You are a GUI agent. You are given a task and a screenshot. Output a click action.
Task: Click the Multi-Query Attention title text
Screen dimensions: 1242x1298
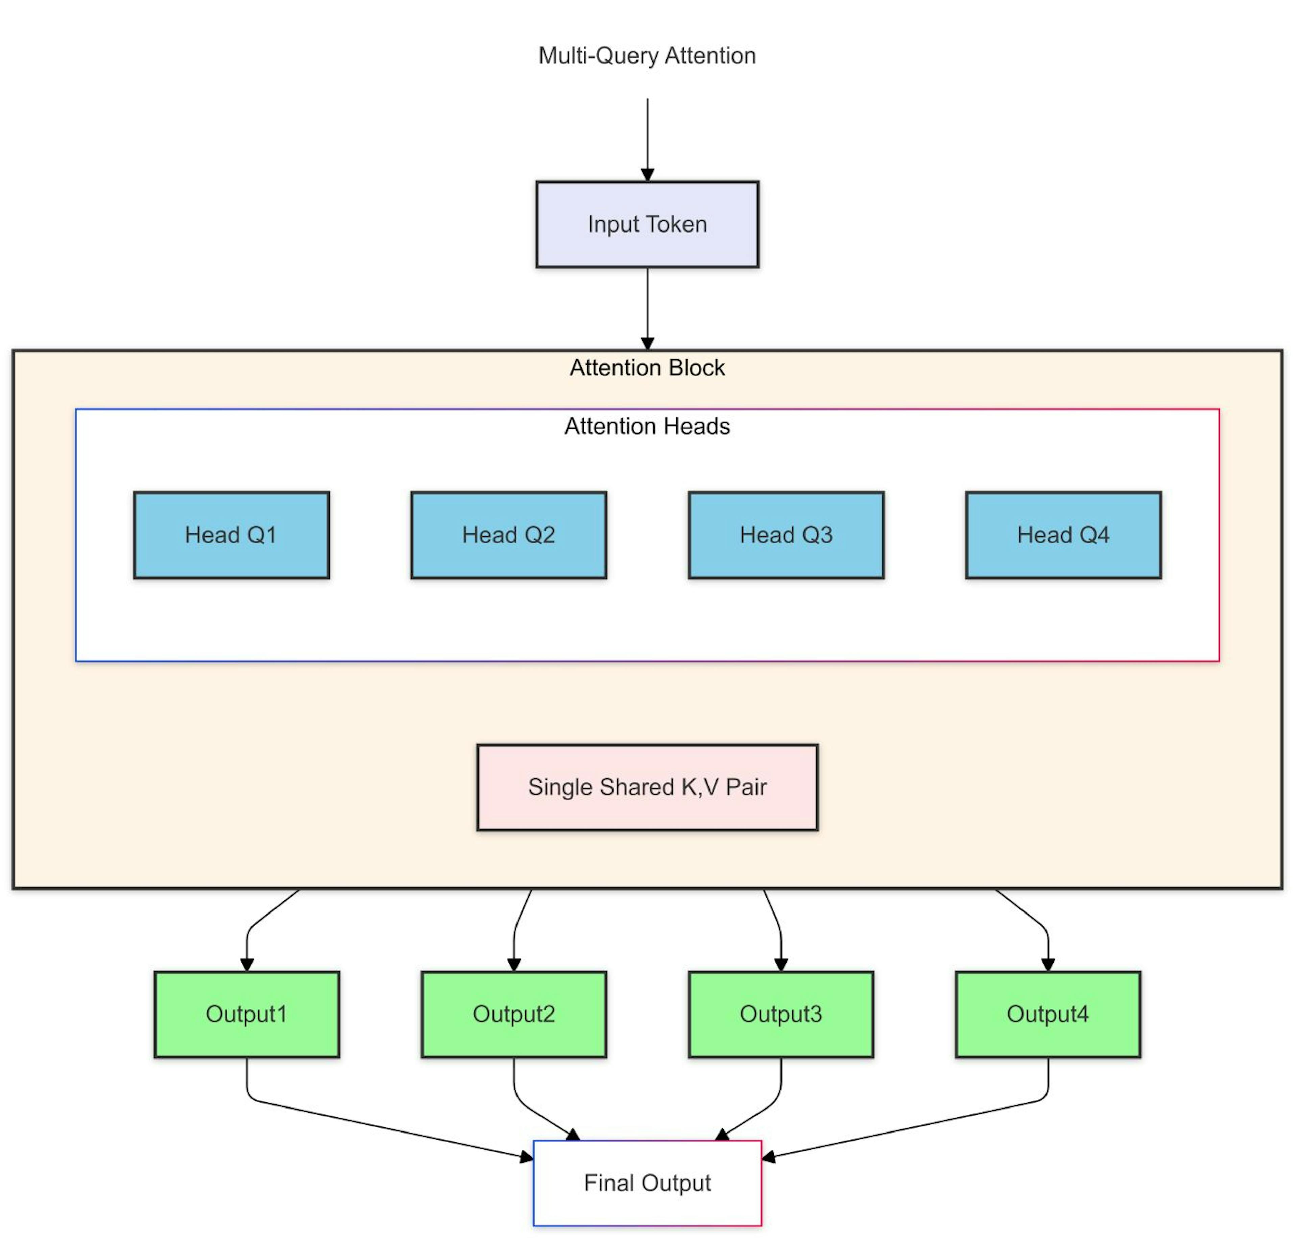tap(647, 56)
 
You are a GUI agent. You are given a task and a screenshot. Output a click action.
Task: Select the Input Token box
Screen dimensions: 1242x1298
tap(647, 224)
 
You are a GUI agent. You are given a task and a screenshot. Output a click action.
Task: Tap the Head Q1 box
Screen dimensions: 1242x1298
tap(231, 535)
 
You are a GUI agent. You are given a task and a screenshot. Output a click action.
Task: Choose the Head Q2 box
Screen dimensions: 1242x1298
tap(509, 535)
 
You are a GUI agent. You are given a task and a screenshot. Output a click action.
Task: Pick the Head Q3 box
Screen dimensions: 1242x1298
tap(786, 535)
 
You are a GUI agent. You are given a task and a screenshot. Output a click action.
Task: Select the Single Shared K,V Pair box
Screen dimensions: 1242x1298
tap(647, 787)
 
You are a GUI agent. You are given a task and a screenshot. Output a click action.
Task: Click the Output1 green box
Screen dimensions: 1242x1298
tap(247, 1014)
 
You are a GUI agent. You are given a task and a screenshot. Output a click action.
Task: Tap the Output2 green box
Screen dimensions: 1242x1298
tap(514, 1014)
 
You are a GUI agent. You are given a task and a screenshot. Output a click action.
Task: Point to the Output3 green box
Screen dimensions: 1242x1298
tap(781, 1014)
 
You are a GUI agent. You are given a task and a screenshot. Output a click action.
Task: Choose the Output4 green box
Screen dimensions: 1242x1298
tap(1048, 1014)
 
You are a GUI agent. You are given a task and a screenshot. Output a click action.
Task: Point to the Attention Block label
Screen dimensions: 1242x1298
tap(647, 368)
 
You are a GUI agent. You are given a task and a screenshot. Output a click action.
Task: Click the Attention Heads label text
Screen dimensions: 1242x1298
tap(647, 427)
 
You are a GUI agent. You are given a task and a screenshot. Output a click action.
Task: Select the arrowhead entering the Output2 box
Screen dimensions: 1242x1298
tap(514, 965)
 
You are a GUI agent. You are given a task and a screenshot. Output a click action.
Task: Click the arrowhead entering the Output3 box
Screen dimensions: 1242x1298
tap(781, 965)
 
